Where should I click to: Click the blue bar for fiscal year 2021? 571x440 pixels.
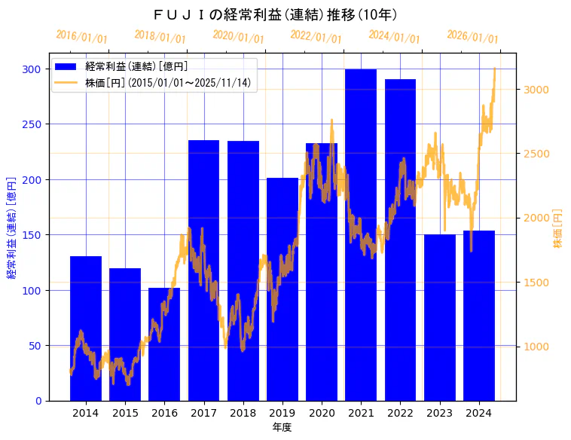pos(361,234)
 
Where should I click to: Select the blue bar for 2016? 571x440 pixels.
pos(164,344)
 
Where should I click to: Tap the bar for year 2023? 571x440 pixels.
pos(440,317)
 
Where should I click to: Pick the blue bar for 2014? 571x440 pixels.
pos(86,328)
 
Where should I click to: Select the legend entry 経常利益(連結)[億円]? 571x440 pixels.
pos(136,67)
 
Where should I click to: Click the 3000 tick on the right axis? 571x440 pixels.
pos(535,90)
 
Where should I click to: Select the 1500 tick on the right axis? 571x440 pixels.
pos(535,283)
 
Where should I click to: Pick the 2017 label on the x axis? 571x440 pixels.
pos(203,413)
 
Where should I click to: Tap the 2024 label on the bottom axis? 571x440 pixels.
pos(479,413)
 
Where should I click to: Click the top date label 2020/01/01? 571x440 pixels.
pos(238,37)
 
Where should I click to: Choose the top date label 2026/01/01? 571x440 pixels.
pos(472,37)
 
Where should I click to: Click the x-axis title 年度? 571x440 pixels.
pos(282,427)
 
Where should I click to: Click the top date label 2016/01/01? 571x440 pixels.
pos(81,37)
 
